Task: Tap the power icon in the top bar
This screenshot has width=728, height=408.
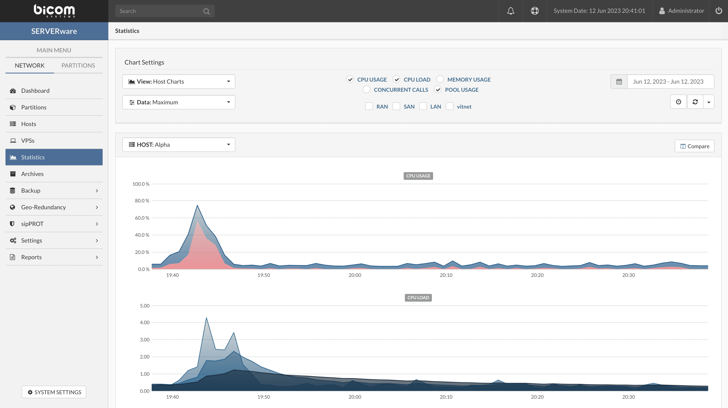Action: click(719, 11)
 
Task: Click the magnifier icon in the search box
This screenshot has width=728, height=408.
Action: click(206, 11)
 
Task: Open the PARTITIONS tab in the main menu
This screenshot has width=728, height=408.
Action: click(78, 66)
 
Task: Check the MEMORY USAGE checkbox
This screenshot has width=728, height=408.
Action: click(440, 79)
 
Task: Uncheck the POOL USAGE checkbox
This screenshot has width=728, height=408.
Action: click(438, 90)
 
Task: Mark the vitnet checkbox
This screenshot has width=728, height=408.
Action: click(450, 106)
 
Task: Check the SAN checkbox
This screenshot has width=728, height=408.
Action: click(396, 106)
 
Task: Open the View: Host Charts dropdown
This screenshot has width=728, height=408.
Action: click(179, 82)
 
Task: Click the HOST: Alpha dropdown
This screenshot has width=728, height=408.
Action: click(179, 145)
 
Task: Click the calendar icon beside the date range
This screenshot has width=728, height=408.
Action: click(619, 82)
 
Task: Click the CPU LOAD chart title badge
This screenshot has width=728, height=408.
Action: click(418, 298)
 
